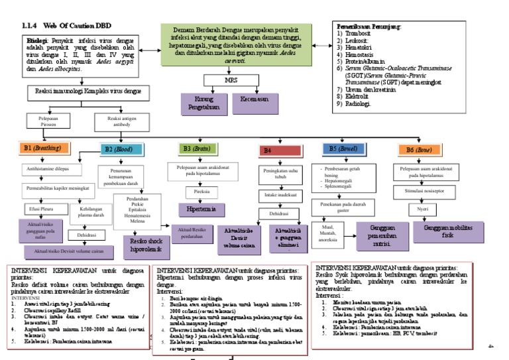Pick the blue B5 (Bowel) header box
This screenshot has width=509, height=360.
344,149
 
